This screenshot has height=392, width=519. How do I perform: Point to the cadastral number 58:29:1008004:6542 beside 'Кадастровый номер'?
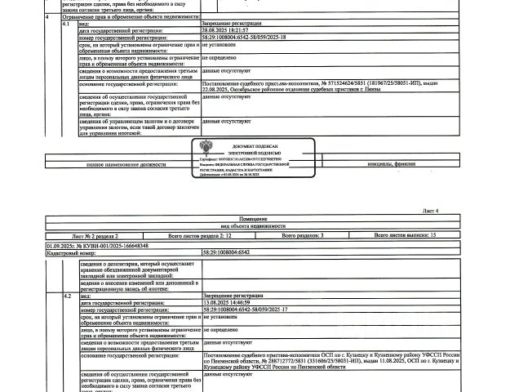(x=225, y=252)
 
